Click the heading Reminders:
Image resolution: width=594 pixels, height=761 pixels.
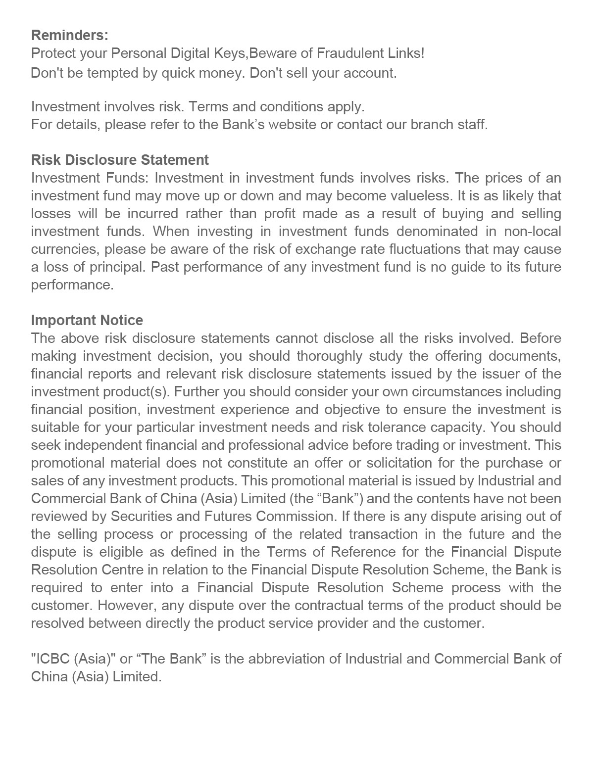pyautogui.click(x=69, y=36)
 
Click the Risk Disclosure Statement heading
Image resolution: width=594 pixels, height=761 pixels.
pyautogui.click(x=120, y=160)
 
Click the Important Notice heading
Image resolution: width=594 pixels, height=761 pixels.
pyautogui.click(x=87, y=320)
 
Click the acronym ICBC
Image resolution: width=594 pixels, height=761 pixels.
pyautogui.click(x=50, y=659)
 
